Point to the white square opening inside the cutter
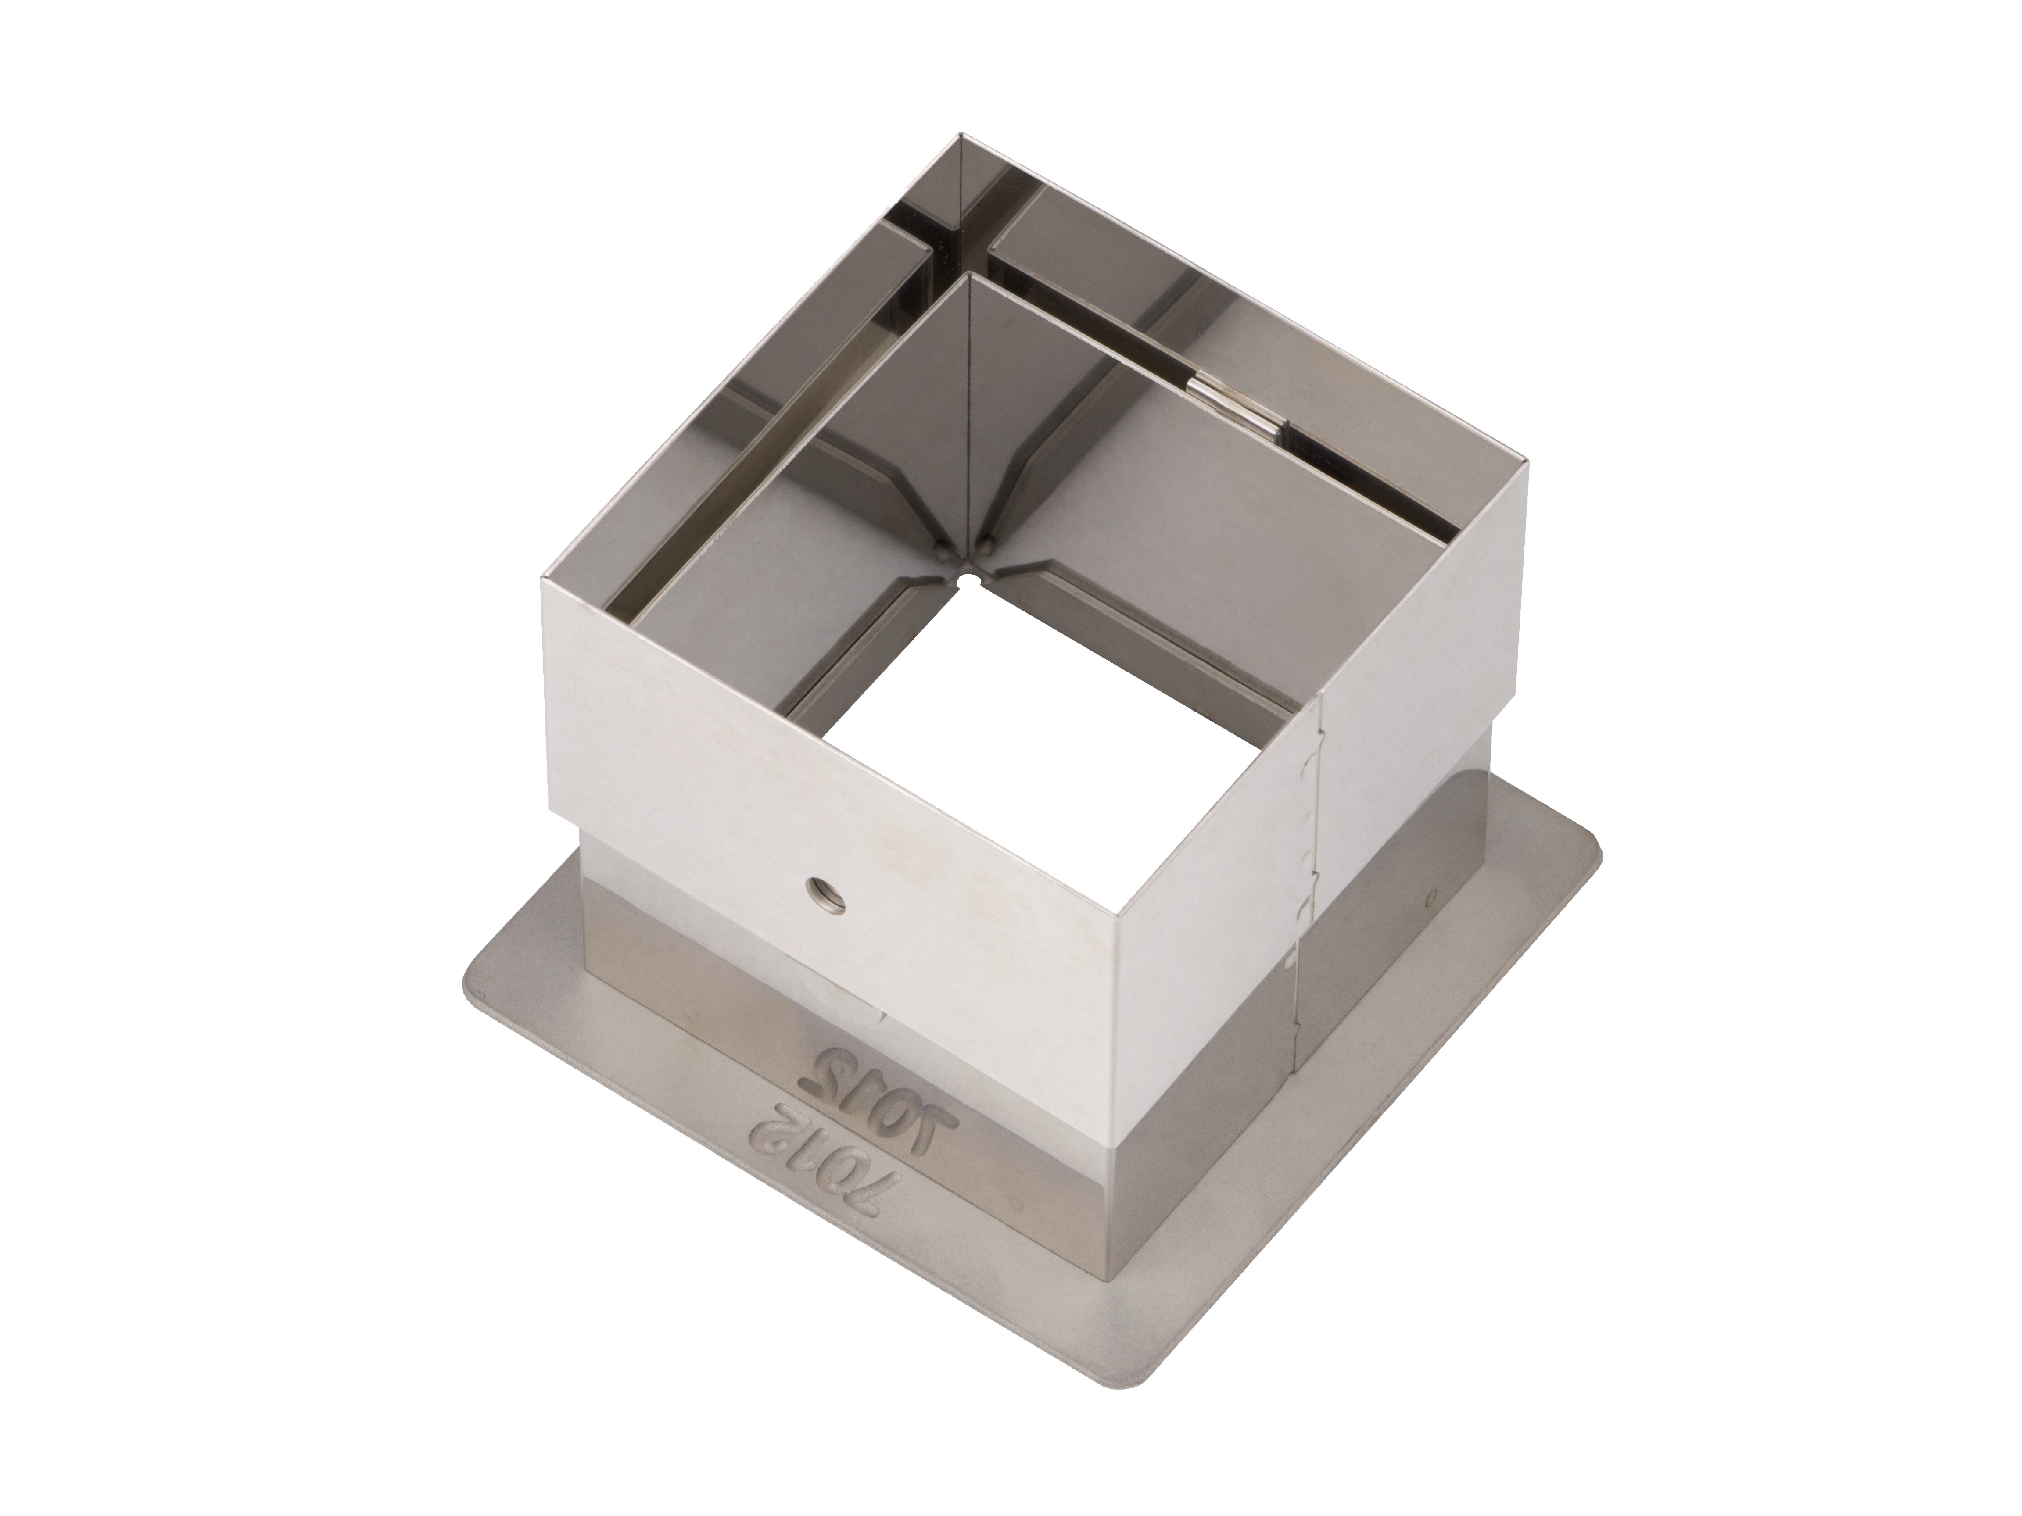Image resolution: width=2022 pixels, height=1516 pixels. point(1033,749)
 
